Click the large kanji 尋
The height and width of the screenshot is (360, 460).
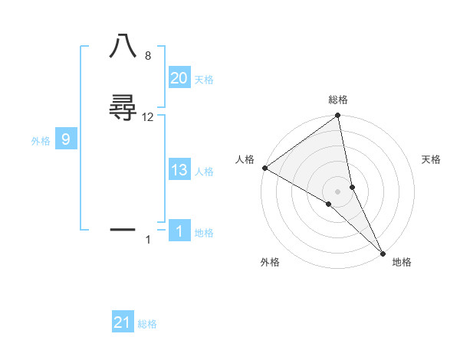tap(123, 106)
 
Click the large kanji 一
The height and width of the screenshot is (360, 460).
tap(123, 228)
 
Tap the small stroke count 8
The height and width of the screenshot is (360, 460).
tap(148, 56)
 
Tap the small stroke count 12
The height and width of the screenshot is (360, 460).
tap(148, 117)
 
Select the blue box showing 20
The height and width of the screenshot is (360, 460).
tap(179, 78)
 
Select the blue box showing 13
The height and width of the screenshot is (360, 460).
tap(179, 170)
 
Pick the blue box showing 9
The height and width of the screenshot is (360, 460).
tap(66, 139)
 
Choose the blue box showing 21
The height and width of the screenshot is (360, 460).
tap(123, 322)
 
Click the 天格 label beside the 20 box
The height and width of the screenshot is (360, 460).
tap(204, 80)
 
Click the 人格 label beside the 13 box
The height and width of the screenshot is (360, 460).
tap(204, 172)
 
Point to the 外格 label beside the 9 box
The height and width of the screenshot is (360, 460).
tap(41, 141)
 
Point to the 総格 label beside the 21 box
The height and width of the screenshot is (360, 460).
tap(147, 324)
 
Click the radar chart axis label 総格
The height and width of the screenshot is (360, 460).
tap(338, 100)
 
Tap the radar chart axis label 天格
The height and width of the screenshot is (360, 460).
tap(432, 159)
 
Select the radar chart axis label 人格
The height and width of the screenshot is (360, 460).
tap(245, 159)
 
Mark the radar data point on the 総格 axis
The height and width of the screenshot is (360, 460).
tap(338, 117)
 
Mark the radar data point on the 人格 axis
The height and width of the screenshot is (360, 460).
tap(264, 167)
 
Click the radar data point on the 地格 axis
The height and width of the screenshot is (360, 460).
tap(383, 253)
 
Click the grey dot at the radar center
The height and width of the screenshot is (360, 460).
tap(338, 191)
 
